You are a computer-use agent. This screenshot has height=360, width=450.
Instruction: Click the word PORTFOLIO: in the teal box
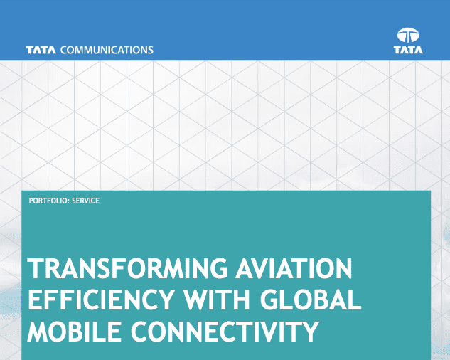click(49, 201)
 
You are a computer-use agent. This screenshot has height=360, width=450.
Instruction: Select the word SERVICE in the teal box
click(86, 201)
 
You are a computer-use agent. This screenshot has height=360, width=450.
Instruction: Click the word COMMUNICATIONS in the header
click(107, 51)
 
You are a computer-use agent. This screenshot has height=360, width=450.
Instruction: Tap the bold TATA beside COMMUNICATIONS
click(42, 51)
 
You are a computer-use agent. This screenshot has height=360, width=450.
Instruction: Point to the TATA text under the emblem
click(409, 50)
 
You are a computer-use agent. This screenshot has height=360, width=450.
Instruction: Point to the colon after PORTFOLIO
click(69, 201)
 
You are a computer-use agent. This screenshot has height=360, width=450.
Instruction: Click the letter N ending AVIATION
click(343, 271)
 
